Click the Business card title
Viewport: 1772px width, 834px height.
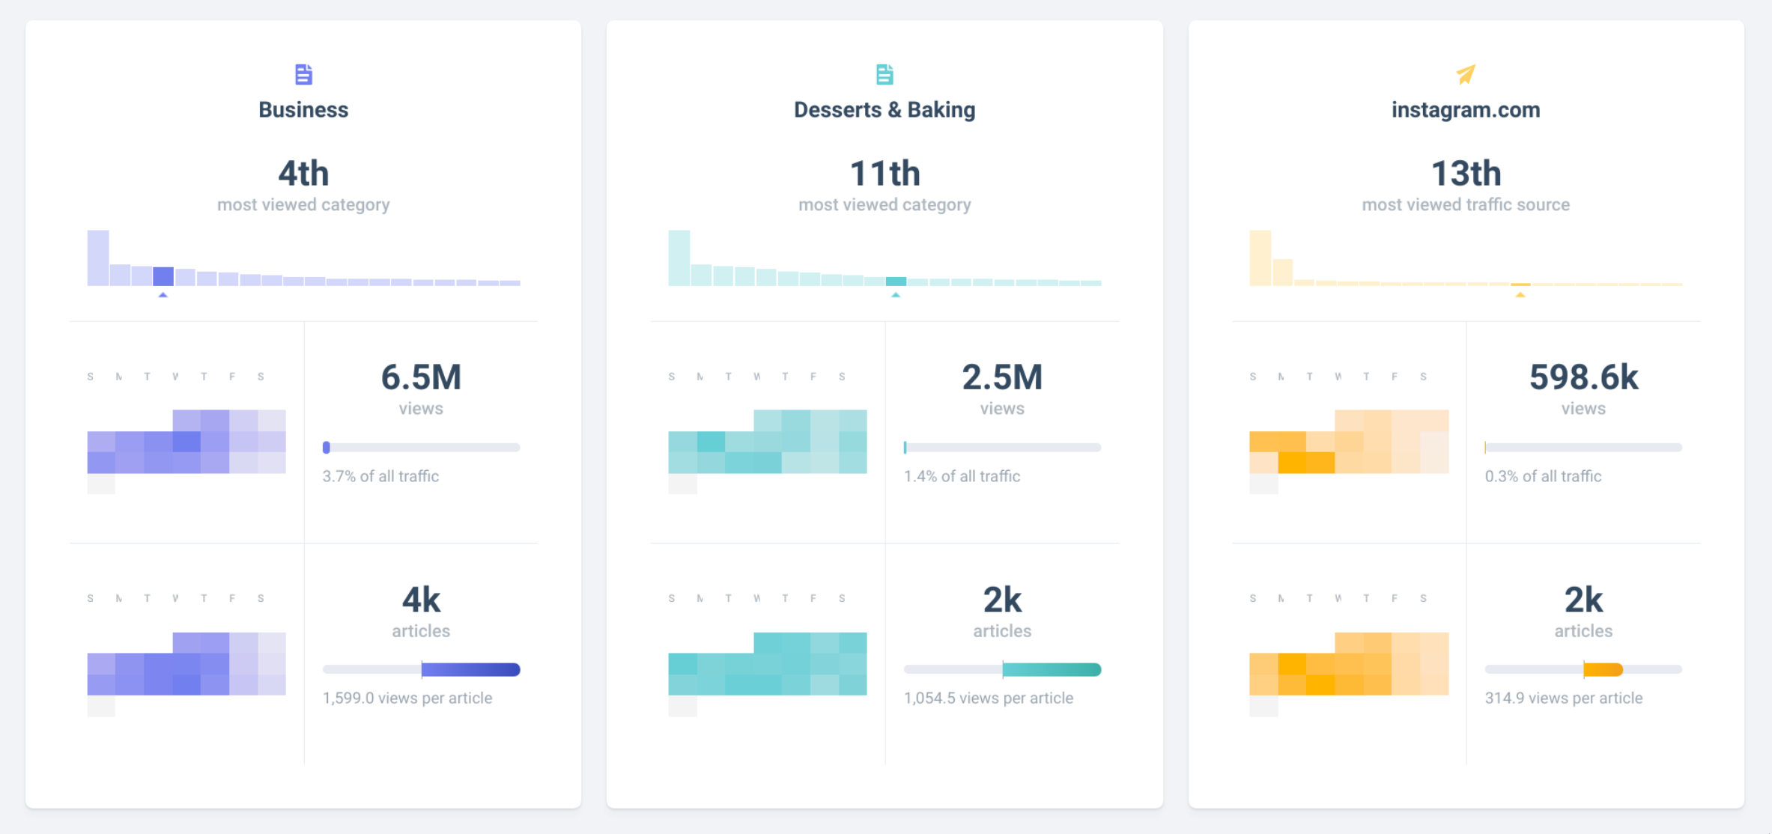[x=303, y=110]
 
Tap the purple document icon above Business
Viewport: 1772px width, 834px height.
[x=303, y=74]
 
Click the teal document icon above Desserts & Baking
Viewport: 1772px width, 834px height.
[x=885, y=74]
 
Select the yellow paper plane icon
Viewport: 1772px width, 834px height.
[x=1466, y=74]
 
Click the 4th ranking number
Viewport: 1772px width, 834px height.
[x=303, y=174]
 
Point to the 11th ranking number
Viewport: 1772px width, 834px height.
[x=885, y=174]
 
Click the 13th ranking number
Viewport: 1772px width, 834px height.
[x=1466, y=174]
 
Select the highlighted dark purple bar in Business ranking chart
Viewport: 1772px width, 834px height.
[x=163, y=276]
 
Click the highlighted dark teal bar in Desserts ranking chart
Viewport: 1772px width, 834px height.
[x=896, y=281]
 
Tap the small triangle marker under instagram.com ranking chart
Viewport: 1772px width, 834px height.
[x=1520, y=295]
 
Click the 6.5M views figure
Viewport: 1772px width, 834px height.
[x=421, y=377]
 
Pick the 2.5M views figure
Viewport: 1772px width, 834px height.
[x=1002, y=377]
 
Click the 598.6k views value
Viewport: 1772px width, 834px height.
[x=1583, y=377]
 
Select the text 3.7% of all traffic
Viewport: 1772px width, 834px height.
[x=380, y=476]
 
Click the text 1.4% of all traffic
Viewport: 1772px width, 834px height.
[x=962, y=476]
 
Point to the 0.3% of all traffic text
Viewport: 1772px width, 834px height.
[x=1543, y=476]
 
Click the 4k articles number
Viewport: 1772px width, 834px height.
[x=421, y=600]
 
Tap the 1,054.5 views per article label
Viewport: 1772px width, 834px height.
[x=988, y=698]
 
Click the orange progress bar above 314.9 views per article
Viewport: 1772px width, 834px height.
[x=1603, y=669]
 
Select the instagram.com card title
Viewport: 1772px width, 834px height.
[x=1466, y=110]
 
